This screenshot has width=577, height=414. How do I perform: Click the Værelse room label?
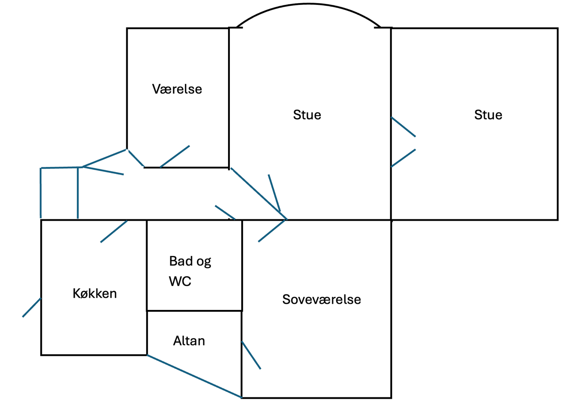pos(177,89)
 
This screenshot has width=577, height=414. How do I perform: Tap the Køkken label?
pos(95,293)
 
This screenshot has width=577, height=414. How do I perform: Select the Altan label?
pos(189,341)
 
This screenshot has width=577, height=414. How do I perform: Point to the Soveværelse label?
pos(321,299)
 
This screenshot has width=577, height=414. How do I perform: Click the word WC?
pos(180,282)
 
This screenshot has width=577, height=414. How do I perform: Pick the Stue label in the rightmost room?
pos(488,115)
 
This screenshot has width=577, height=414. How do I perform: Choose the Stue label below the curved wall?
pos(307,115)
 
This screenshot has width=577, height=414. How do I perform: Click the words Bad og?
pos(190,261)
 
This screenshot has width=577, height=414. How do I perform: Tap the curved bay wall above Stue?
pos(308,5)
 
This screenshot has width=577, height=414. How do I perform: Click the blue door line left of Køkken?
pos(32,307)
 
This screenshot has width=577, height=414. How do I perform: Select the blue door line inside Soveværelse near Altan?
pos(251,355)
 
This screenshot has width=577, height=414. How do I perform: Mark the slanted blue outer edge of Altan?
pos(194,376)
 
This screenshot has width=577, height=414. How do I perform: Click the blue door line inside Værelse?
pos(175,156)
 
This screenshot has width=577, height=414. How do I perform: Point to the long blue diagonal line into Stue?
pos(258,194)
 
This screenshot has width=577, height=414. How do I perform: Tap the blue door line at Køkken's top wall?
pos(114,231)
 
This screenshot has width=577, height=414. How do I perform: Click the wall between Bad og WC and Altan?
pos(194,310)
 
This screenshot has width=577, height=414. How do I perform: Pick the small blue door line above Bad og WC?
pos(225,212)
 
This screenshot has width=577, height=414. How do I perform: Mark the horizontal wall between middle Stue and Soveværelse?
pos(338,220)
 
